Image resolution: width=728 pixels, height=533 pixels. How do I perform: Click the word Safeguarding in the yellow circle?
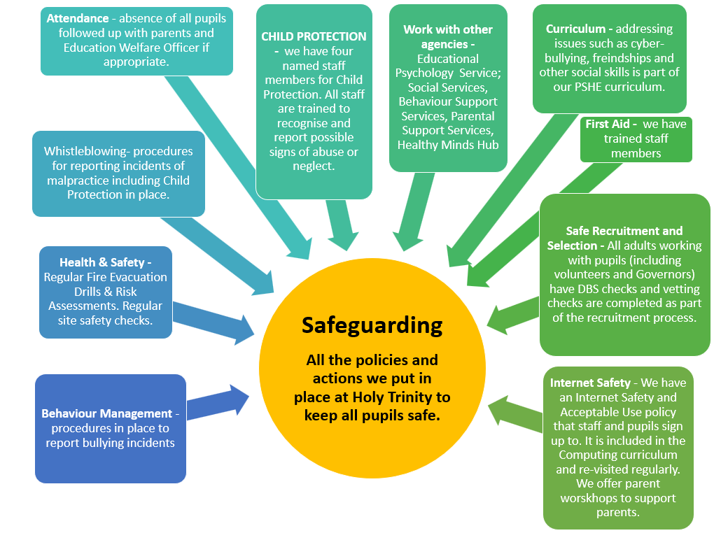[372, 326]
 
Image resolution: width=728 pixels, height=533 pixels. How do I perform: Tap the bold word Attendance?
[78, 19]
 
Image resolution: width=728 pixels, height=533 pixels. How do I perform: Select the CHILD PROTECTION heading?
[314, 36]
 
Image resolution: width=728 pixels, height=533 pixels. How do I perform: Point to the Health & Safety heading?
[102, 262]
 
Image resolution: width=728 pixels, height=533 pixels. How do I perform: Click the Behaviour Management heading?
[107, 413]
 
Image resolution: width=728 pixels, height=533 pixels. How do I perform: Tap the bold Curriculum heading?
[575, 29]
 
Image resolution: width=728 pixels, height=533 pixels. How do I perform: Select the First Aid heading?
[608, 124]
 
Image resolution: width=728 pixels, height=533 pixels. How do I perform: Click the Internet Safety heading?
[590, 383]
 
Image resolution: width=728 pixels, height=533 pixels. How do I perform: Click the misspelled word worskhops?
[589, 499]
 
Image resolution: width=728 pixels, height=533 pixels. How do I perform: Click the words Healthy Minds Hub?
[448, 145]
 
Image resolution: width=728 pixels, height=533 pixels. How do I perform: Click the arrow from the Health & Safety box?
[214, 323]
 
